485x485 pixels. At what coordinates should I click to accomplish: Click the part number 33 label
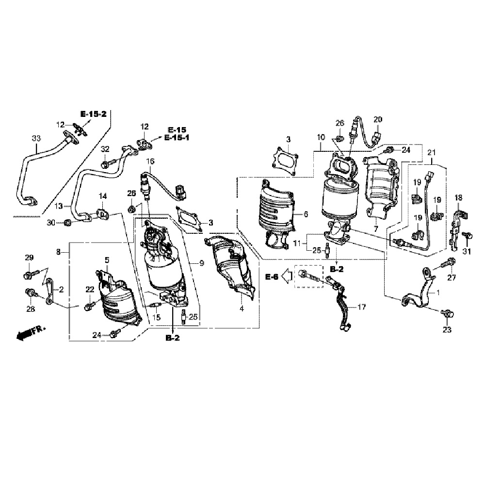(x=36, y=138)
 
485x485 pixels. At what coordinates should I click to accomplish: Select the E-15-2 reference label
(x=94, y=114)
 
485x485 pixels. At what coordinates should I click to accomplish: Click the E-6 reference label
(x=272, y=276)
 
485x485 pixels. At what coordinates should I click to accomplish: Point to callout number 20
(x=378, y=119)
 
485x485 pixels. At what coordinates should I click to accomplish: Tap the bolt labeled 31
(x=467, y=236)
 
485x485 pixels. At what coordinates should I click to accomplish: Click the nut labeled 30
(x=68, y=223)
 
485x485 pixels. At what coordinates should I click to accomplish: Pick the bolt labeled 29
(x=29, y=275)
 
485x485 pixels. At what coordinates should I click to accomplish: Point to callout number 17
(x=362, y=307)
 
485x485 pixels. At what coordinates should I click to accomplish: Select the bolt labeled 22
(x=90, y=306)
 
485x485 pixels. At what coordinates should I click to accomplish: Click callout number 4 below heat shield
(x=241, y=308)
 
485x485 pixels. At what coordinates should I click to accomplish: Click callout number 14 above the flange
(x=102, y=196)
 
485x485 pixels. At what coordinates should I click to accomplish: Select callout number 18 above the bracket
(x=458, y=197)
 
